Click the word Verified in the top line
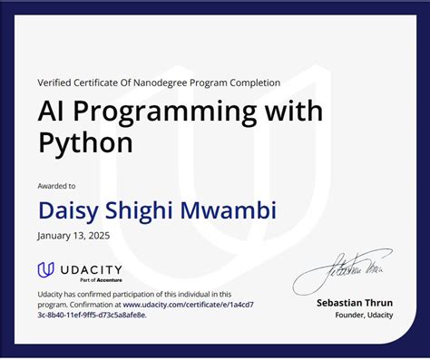pyautogui.click(x=56, y=83)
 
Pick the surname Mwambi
pyautogui.click(x=234, y=210)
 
